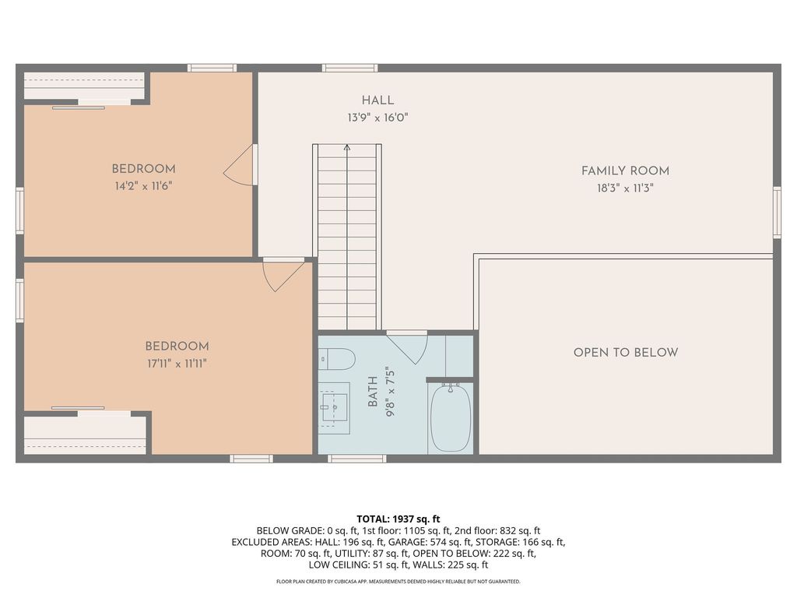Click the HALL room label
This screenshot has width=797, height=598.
click(377, 100)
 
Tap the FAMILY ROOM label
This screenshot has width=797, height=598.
click(625, 171)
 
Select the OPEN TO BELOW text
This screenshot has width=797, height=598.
click(625, 353)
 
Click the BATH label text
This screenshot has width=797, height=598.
click(373, 392)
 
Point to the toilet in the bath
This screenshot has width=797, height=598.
click(337, 359)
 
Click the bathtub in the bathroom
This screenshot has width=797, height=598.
click(451, 417)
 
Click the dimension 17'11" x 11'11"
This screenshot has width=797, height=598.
click(176, 363)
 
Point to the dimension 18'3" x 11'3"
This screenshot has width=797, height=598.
click(625, 188)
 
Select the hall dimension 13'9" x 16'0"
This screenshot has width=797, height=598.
click(377, 118)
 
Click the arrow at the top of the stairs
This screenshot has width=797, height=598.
click(347, 146)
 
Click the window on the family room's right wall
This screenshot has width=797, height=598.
click(776, 212)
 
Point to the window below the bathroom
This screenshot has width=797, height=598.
click(356, 459)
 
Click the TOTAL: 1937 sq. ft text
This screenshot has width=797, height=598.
click(398, 519)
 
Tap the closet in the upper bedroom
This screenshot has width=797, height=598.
click(84, 86)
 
